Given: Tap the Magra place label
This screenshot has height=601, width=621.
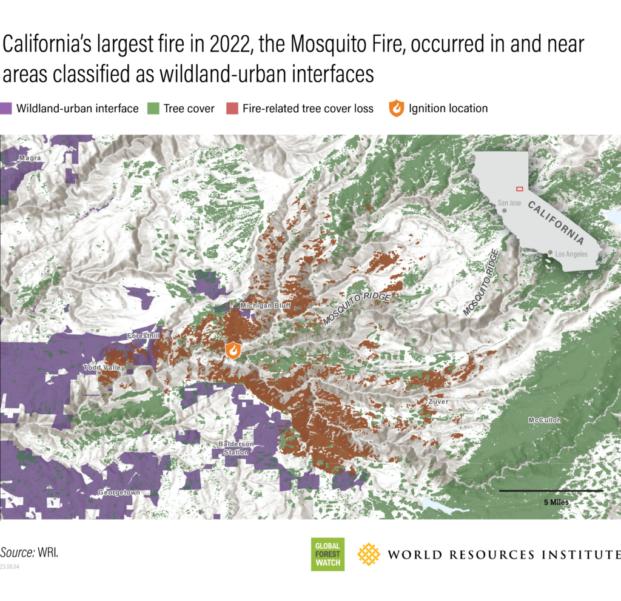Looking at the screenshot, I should click(x=30, y=158).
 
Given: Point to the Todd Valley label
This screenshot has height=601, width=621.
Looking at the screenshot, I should click(x=104, y=368).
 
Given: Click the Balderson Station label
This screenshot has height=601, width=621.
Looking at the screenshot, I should click(x=235, y=448).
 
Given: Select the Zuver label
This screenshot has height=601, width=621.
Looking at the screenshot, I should click(x=438, y=401).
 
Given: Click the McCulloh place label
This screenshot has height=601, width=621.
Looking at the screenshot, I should click(x=544, y=420).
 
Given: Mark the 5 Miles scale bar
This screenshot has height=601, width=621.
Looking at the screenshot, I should click(x=551, y=490).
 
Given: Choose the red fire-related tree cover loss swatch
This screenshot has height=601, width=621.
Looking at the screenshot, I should click(x=233, y=109).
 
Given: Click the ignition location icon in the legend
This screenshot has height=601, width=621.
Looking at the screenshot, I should click(x=396, y=109).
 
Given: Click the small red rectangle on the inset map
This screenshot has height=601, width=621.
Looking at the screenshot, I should click(x=519, y=189).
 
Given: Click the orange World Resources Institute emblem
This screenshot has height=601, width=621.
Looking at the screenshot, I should click(x=369, y=554).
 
